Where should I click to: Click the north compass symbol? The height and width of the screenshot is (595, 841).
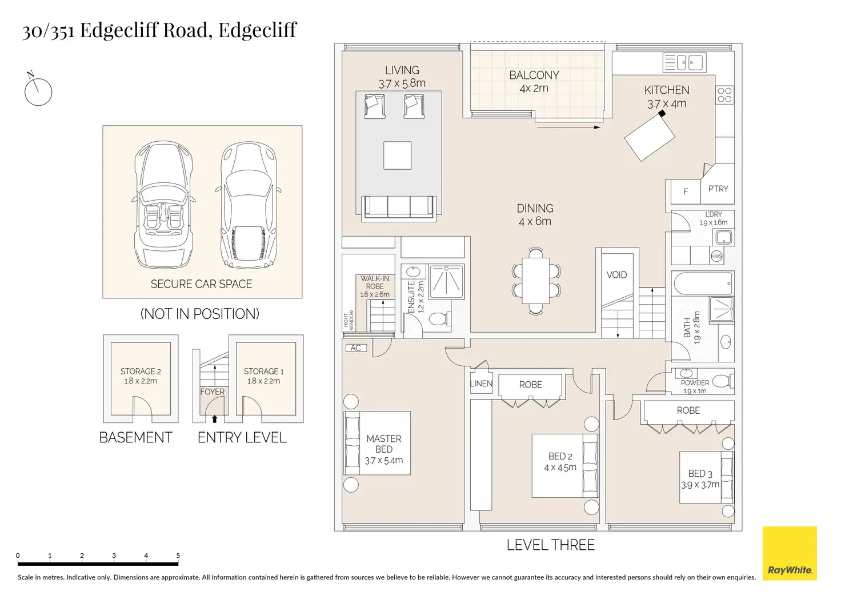point(38,91)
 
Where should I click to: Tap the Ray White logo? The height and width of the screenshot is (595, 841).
point(790,553)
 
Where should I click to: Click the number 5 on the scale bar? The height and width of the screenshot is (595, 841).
point(178,556)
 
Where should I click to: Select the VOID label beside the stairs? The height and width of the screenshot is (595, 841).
point(616,275)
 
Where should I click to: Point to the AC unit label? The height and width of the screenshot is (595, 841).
point(355,348)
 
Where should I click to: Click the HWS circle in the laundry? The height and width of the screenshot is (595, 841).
point(716,256)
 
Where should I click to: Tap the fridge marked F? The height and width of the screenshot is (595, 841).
point(686,192)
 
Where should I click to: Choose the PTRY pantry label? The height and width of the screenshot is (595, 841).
point(718,189)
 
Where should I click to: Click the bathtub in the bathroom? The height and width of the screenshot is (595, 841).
point(703,283)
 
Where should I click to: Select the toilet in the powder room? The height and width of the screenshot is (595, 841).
point(722,380)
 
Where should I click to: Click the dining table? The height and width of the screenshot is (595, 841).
point(536,281)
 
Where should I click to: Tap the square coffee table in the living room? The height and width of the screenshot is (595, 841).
point(397,155)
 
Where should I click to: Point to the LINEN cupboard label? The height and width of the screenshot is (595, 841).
point(481,384)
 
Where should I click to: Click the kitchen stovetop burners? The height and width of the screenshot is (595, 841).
point(724,95)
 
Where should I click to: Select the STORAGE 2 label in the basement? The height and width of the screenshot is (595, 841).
point(141,372)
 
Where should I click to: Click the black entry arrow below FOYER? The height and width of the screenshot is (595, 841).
point(215,418)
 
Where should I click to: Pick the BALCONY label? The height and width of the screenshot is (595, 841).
point(534,75)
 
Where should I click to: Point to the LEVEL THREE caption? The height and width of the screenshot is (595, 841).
point(551,545)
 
